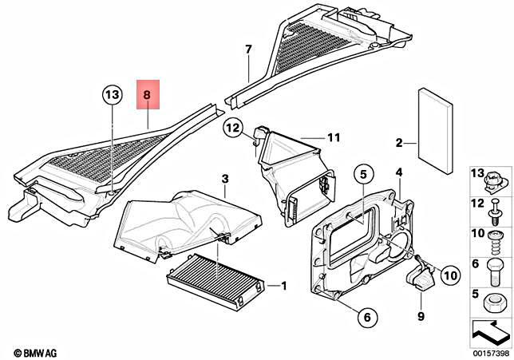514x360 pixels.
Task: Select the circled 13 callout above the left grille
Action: (x=113, y=96)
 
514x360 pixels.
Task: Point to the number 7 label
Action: (x=248, y=49)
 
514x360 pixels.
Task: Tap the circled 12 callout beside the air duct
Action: (x=232, y=126)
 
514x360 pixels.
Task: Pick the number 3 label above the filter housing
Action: (x=225, y=177)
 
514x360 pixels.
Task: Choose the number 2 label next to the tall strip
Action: (x=398, y=144)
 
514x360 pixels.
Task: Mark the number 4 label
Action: (x=399, y=172)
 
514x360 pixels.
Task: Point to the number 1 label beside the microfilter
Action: (x=280, y=285)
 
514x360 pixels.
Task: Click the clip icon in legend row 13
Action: (x=496, y=180)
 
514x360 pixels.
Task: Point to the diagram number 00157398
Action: (x=490, y=352)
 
